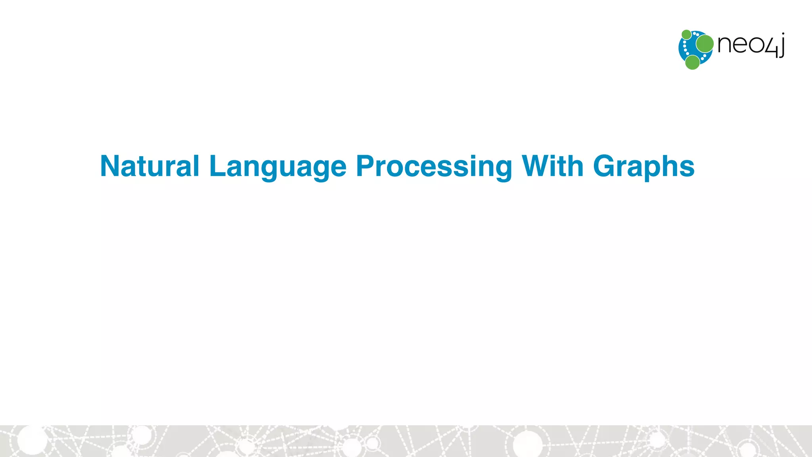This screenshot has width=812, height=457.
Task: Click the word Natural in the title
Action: pyautogui.click(x=149, y=166)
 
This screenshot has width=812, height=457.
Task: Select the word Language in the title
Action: pyautogui.click(x=278, y=167)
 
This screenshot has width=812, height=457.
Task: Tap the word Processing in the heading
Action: pyautogui.click(x=434, y=167)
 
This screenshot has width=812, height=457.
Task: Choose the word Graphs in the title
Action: pyautogui.click(x=643, y=167)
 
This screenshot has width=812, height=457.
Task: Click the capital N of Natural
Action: pyautogui.click(x=111, y=166)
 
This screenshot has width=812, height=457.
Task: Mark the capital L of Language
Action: pyautogui.click(x=216, y=166)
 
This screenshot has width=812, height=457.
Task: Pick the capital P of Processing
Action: pyautogui.click(x=365, y=166)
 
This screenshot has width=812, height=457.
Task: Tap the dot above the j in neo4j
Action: pyautogui.click(x=783, y=35)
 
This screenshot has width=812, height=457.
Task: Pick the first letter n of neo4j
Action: pyautogui.click(x=725, y=44)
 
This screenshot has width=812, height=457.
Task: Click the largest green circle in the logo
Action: pyautogui.click(x=705, y=44)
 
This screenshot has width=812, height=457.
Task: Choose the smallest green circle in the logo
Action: pyautogui.click(x=686, y=35)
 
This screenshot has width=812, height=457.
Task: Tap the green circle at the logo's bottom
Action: pyautogui.click(x=692, y=62)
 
